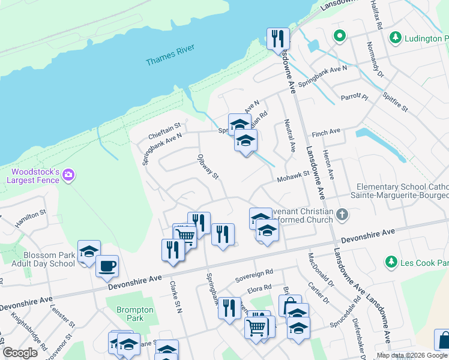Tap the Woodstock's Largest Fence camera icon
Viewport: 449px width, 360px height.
(x=69, y=175)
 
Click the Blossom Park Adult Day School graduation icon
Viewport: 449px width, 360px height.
(x=89, y=251)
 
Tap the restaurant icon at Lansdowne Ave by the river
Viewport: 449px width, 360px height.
(x=278, y=39)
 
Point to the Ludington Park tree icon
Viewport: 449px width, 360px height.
(x=395, y=38)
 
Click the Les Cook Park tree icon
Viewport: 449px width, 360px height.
(x=391, y=262)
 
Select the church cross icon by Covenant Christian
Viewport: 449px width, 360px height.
(x=342, y=214)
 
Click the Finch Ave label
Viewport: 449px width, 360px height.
(x=327, y=131)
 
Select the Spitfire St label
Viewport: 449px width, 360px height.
(x=394, y=101)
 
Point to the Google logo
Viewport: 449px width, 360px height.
(x=20, y=353)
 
